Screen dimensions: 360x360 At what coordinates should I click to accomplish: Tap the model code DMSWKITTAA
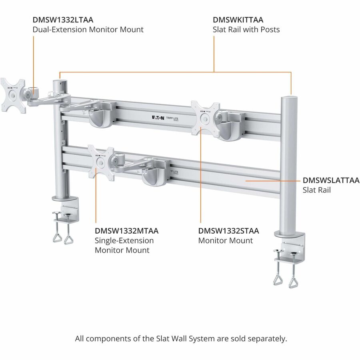pyautogui.click(x=238, y=19)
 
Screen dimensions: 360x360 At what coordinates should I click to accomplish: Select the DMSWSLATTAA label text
pyautogui.click(x=331, y=180)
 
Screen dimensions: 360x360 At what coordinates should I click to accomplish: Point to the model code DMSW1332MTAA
pyautogui.click(x=127, y=231)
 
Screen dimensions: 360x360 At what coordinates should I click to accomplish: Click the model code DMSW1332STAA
pyautogui.click(x=228, y=231)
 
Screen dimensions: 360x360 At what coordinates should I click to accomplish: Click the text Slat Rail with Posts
pyautogui.click(x=246, y=29)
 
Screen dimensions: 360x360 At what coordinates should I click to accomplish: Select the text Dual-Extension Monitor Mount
pyautogui.click(x=88, y=29)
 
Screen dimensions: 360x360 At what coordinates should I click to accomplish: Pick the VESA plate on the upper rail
pyautogui.click(x=205, y=118)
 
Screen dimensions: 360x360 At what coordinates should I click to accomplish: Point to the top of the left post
pyautogui.click(x=60, y=82)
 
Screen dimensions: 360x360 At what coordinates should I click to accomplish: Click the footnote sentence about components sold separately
pyautogui.click(x=181, y=338)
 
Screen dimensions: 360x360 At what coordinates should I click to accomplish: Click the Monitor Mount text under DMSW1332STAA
pyautogui.click(x=226, y=240)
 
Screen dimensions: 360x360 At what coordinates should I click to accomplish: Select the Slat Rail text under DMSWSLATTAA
pyautogui.click(x=316, y=190)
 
